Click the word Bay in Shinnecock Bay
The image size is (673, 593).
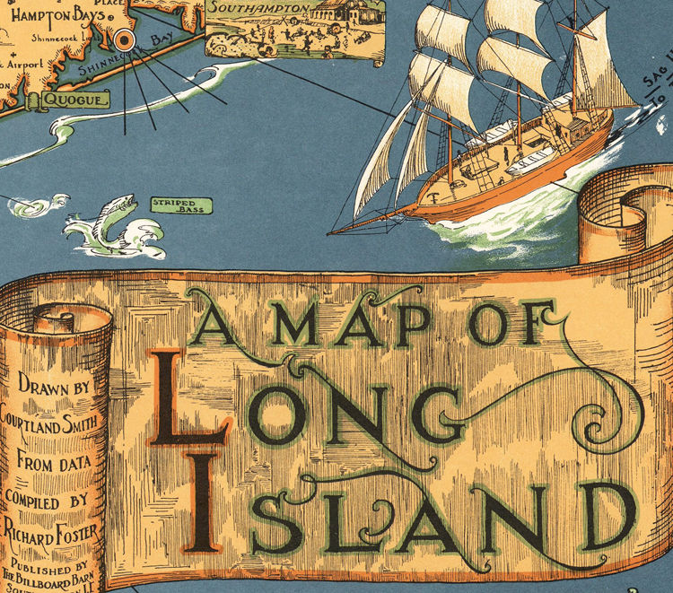click(163, 39)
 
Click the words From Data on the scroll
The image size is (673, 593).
click(56, 467)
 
